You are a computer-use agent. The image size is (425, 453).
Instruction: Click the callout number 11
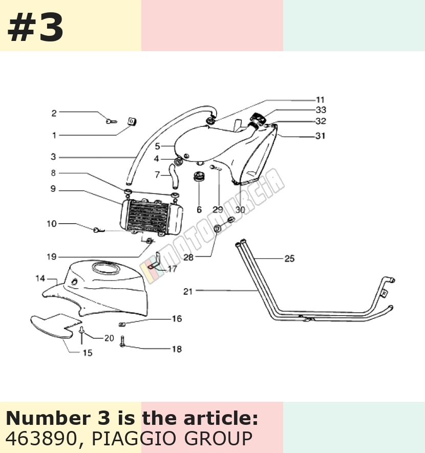320,100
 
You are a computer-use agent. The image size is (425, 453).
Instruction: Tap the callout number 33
321,110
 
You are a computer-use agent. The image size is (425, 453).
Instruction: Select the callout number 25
289,258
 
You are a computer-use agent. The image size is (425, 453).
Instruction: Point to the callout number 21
188,291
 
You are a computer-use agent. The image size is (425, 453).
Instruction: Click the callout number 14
40,278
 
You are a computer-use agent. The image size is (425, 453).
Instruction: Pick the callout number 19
52,256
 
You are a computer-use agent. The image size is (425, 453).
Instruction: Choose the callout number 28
188,257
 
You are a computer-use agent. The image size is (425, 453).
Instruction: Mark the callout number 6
199,209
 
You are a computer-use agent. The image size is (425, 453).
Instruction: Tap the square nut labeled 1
132,122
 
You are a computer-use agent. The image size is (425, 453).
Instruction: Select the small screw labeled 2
111,121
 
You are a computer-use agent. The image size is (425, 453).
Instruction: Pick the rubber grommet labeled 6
199,177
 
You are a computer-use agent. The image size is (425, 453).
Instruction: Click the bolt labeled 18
122,341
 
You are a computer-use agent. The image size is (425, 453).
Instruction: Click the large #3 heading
35,28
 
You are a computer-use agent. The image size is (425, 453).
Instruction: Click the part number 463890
41,439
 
